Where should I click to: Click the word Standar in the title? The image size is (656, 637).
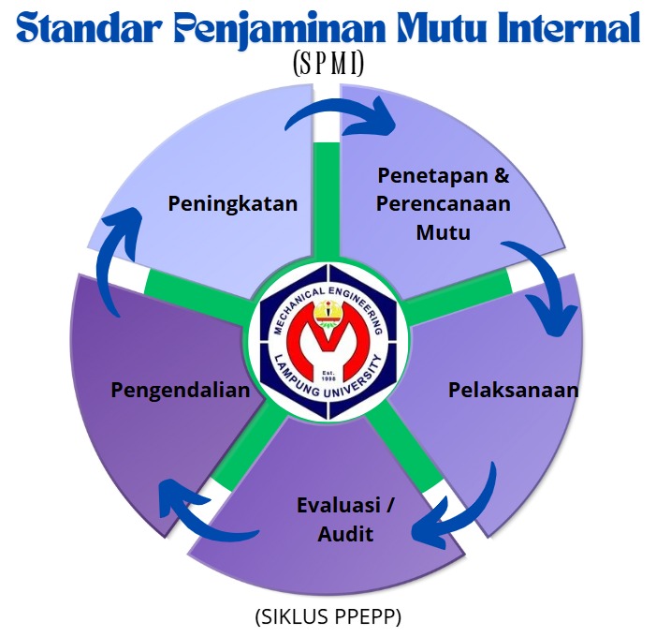pos(89,28)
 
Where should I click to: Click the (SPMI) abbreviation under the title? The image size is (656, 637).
pos(328,64)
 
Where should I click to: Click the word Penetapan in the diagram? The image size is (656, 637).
pos(432,175)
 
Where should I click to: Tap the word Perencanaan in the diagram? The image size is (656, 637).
pos(443,204)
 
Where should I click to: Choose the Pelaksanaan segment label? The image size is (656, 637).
pos(514,390)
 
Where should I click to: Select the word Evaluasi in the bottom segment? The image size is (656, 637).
pos(339,505)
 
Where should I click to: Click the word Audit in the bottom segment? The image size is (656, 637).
pos(345,534)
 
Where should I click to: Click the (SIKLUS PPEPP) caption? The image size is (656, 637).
pos(328,617)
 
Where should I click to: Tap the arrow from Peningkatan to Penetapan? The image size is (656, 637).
pos(341,110)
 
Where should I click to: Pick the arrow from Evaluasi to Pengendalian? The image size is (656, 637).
pos(197,522)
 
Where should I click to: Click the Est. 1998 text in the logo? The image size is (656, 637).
pos(328,376)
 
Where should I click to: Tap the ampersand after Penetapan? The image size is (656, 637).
pos(502,175)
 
